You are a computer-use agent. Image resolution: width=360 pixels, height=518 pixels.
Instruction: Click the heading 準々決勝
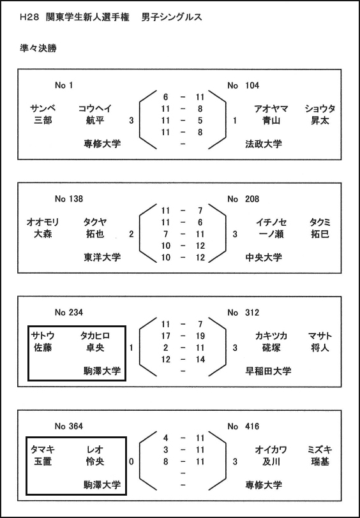point(38,48)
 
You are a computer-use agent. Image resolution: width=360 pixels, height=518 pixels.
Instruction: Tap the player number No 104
point(243,85)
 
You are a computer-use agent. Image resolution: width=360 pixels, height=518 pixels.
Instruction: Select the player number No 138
point(69,199)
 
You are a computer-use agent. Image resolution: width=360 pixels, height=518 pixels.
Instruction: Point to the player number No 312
point(243,312)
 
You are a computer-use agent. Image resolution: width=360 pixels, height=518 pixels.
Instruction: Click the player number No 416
point(243,426)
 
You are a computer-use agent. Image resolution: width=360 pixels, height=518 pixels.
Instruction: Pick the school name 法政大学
point(264,144)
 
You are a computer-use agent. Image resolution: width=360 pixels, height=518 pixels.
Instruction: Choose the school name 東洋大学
point(102,257)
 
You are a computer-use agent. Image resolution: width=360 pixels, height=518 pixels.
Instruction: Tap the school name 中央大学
point(264,257)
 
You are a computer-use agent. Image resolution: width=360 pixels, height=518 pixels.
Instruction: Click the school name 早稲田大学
point(268,371)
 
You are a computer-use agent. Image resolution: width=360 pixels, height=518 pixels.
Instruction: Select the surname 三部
point(43,121)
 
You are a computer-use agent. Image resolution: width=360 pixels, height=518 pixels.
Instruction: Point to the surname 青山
point(271,121)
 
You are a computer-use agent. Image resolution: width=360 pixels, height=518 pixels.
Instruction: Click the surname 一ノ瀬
point(271,234)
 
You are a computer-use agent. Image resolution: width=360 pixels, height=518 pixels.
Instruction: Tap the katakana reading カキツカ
point(271,336)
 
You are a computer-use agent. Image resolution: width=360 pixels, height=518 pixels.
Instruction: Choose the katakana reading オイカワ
point(271,450)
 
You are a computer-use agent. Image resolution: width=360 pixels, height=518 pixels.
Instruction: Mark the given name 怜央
point(94,461)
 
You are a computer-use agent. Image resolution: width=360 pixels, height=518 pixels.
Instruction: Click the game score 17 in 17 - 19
point(165,336)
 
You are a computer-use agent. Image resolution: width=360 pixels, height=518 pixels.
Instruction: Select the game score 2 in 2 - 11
point(165,348)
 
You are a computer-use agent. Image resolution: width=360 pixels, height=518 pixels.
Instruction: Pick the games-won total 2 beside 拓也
point(131,234)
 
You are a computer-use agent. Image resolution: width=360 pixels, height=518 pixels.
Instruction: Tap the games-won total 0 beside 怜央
point(131,461)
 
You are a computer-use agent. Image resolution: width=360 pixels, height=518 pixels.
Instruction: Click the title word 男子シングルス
point(172,17)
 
